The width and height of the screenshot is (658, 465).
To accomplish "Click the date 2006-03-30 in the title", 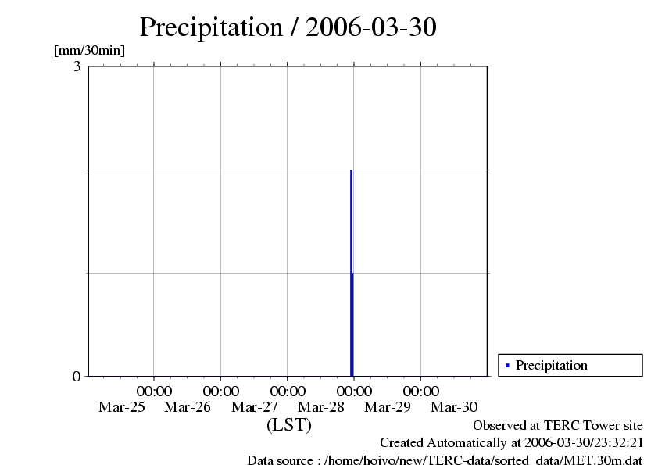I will click(371, 27).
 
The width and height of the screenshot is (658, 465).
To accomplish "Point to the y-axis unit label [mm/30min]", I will click(89, 51).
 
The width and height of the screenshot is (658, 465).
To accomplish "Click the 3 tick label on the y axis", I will click(77, 66).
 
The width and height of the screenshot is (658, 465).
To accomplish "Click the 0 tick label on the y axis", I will click(77, 376).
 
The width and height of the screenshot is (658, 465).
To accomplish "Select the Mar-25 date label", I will click(121, 407).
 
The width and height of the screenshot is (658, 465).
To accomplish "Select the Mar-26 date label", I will click(188, 407).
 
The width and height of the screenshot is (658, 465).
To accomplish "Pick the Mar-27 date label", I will click(255, 407).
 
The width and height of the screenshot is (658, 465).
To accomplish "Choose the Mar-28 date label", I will click(321, 407).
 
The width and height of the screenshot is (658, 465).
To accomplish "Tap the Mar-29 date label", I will click(388, 407).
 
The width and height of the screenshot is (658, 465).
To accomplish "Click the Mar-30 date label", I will click(454, 407).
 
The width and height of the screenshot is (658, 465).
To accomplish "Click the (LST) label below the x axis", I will click(288, 425).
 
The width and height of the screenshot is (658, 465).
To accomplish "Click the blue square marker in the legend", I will click(507, 365).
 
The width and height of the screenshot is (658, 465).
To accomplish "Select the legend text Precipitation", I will click(551, 365).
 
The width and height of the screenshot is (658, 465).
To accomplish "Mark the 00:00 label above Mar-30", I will click(421, 391).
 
